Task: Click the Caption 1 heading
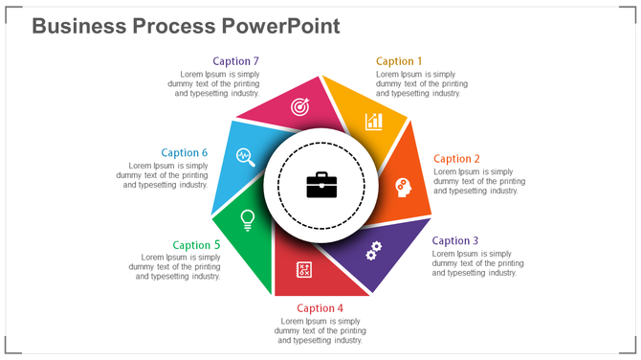399,61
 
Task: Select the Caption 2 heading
456,159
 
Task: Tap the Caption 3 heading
455,241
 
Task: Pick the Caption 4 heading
320,308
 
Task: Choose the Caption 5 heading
196,245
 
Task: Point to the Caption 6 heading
184,152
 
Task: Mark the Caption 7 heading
235,61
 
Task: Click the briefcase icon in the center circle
321,185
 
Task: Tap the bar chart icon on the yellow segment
373,122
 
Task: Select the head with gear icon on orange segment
403,188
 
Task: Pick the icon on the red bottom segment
304,270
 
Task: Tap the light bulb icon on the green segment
247,219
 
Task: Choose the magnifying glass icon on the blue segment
245,155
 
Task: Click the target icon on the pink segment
299,107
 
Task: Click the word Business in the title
77,26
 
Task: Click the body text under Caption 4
320,330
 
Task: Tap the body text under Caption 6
162,175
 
